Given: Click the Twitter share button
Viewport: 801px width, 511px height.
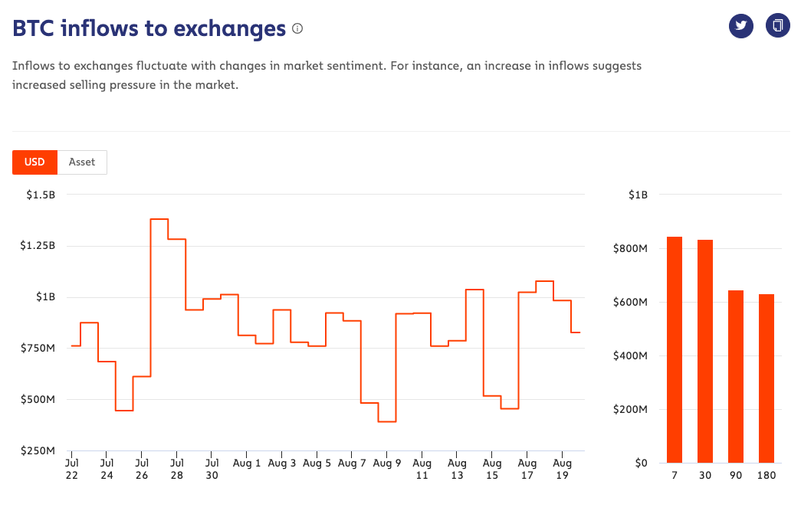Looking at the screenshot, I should [x=740, y=25].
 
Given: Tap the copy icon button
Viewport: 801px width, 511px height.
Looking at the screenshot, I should [x=777, y=25].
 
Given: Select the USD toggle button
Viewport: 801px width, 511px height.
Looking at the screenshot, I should [x=34, y=162].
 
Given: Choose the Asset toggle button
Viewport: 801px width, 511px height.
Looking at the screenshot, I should [x=82, y=162].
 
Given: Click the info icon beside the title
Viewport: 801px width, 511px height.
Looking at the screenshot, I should [x=297, y=29].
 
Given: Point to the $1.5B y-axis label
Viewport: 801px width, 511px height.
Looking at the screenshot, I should [x=41, y=195].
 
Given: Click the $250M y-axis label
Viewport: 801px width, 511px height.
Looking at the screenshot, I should [x=38, y=450].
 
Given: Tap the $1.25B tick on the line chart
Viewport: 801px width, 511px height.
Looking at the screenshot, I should [x=38, y=246].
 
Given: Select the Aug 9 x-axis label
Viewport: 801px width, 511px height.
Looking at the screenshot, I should [x=387, y=463].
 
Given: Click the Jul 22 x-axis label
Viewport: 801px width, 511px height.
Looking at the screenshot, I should [x=71, y=469].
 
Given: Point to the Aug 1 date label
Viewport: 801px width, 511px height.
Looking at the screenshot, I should [x=247, y=463].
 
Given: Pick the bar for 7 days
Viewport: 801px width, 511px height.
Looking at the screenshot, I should [x=675, y=350].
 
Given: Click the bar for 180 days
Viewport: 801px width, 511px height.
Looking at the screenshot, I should [x=767, y=378].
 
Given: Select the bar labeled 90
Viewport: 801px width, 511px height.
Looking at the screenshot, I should [x=736, y=377].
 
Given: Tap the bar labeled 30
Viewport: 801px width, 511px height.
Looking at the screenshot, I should [x=705, y=352].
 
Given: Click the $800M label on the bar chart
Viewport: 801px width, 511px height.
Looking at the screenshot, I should [x=633, y=249].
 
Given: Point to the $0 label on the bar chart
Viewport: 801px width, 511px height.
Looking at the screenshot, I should [x=641, y=463].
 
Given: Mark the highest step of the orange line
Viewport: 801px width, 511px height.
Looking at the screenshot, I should [x=159, y=219].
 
